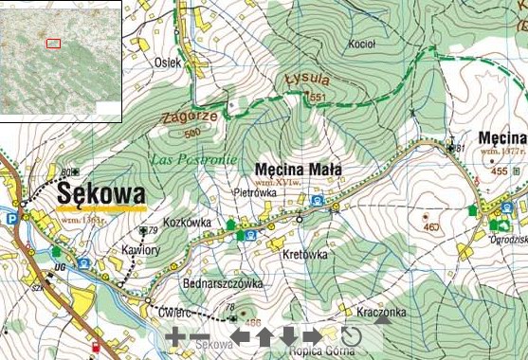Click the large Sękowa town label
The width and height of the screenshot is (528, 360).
pyautogui.click(x=100, y=193)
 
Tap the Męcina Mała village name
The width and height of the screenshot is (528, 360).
pyautogui.click(x=299, y=171)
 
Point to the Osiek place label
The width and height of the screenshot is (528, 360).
pyautogui.click(x=166, y=63)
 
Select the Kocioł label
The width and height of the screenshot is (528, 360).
pyautogui.click(x=363, y=45)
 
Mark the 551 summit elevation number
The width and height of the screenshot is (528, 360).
pyautogui.click(x=316, y=98)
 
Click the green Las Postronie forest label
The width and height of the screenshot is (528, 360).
pyautogui.click(x=193, y=157)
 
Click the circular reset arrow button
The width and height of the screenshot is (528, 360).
pyautogui.click(x=351, y=336)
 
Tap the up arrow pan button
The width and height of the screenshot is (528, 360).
pyautogui.click(x=264, y=336)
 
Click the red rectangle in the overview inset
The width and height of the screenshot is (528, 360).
pyautogui.click(x=53, y=43)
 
